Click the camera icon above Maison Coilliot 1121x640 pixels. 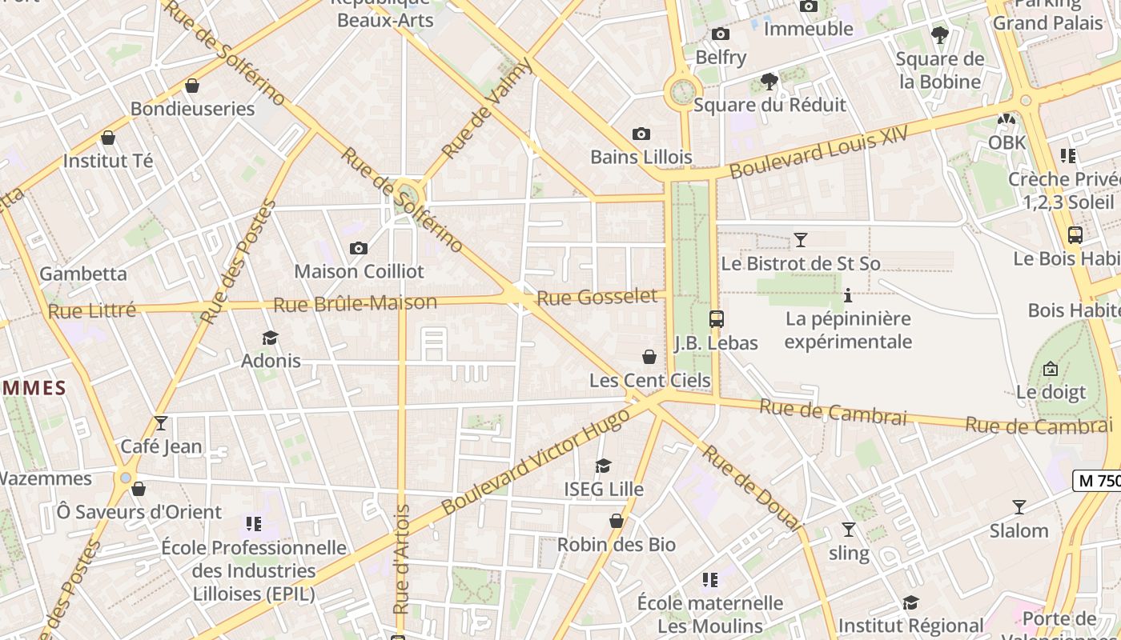(x=359, y=248)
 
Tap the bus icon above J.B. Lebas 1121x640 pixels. (x=716, y=319)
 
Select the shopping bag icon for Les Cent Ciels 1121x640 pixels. (x=649, y=357)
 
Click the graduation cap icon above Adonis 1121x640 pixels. (x=271, y=338)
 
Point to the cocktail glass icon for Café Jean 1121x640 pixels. (x=161, y=422)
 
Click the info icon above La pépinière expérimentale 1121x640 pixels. (x=848, y=296)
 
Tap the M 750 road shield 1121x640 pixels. (x=1098, y=480)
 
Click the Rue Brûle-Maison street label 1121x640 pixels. (x=355, y=304)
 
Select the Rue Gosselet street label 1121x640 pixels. (x=597, y=298)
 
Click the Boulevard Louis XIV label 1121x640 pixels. (x=818, y=152)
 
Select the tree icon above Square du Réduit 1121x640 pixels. (x=769, y=81)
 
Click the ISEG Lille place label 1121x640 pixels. (x=603, y=489)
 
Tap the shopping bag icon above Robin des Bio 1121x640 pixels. (x=616, y=522)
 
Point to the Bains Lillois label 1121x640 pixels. (x=641, y=157)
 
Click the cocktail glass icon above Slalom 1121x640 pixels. (x=1019, y=507)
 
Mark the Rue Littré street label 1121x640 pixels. (x=91, y=310)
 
